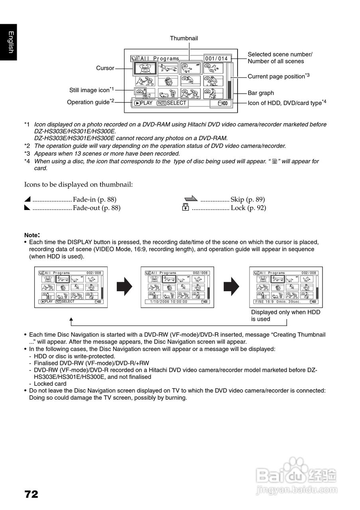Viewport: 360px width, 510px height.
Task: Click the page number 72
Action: pyautogui.click(x=31, y=494)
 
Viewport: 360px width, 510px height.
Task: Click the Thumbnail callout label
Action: pyautogui.click(x=184, y=38)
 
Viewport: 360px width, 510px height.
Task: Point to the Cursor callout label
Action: pyautogui.click(x=105, y=68)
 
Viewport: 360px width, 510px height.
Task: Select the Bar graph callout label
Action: pyautogui.click(x=261, y=93)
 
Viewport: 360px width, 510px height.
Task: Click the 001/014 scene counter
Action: pyautogui.click(x=216, y=59)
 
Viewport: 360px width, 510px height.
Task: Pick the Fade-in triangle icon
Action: pyautogui.click(x=27, y=199)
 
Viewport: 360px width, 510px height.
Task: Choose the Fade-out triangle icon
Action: pyautogui.click(x=27, y=208)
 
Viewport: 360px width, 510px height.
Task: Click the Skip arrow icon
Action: pyautogui.click(x=191, y=198)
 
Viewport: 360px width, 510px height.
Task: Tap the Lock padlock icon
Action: pyautogui.click(x=185, y=208)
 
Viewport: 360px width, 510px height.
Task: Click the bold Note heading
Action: pyautogui.click(x=32, y=235)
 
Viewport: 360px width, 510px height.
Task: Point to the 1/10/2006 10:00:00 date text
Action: pyautogui.click(x=169, y=302)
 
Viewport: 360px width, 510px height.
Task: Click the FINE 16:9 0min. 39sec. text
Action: pyautogui.click(x=278, y=302)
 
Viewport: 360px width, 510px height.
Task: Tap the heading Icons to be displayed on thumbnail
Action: pyautogui.click(x=79, y=184)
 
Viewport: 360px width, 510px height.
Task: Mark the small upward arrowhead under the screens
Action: pyautogui.click(x=71, y=319)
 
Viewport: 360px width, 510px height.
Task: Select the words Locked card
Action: pyautogui.click(x=50, y=384)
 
